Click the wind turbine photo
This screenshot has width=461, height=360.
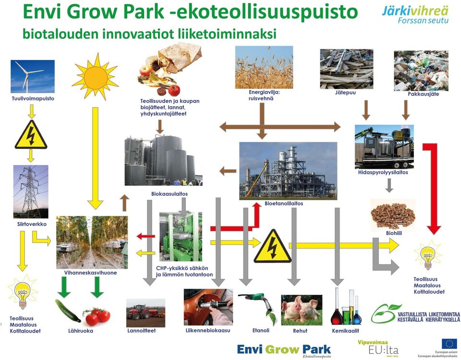[x=33, y=76]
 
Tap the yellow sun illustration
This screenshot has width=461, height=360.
[x=95, y=77]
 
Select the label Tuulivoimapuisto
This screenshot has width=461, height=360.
[x=33, y=98]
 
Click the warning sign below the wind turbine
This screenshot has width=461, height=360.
[x=31, y=134]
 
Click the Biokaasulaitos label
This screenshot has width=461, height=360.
[x=170, y=194]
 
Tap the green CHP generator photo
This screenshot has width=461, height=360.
[x=181, y=236]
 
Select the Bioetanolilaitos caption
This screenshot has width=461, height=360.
[x=284, y=204]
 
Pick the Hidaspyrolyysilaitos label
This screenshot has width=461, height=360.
[x=383, y=172]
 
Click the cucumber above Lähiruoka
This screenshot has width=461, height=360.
[x=68, y=311]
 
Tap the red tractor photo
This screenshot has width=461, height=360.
[x=146, y=313]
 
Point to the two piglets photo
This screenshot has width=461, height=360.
[x=302, y=310]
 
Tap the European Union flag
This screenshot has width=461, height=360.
[x=449, y=344]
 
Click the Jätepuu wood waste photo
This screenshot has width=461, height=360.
[x=346, y=69]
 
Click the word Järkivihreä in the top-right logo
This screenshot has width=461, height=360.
[x=415, y=11]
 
